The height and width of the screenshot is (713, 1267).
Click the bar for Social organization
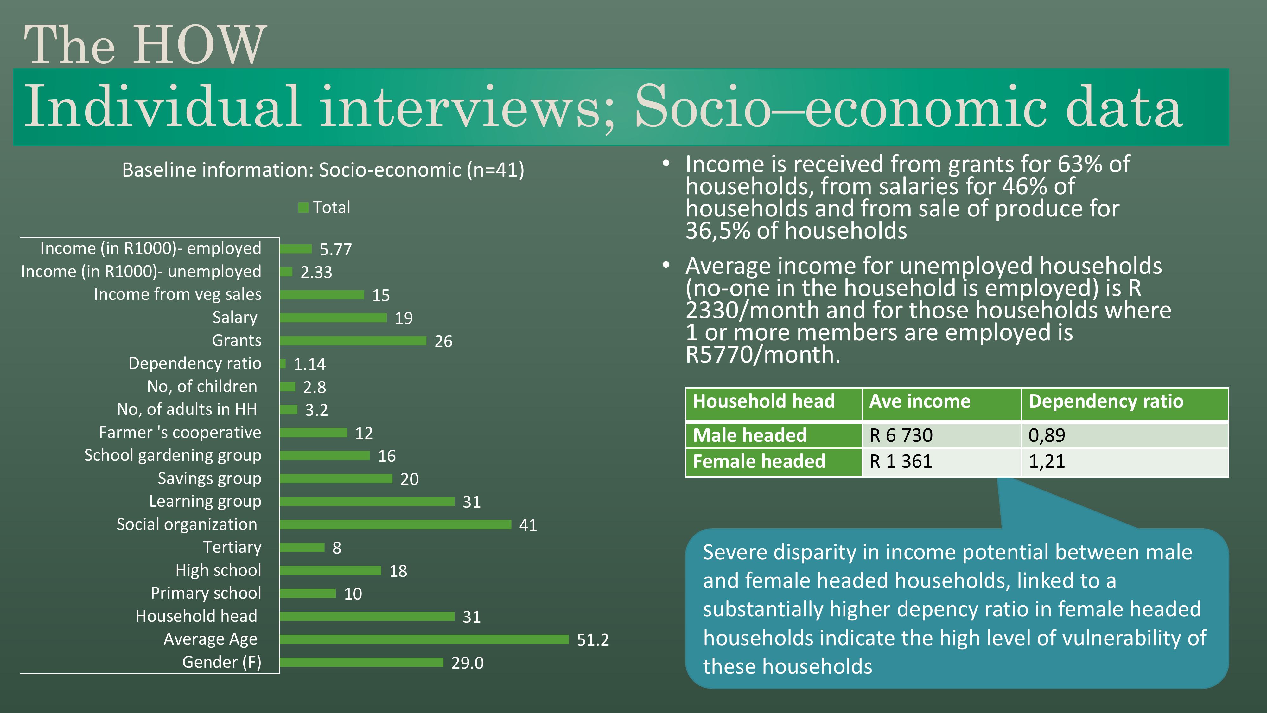click(395, 524)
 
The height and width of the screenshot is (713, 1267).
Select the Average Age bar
click(424, 639)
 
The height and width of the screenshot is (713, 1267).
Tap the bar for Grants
click(353, 341)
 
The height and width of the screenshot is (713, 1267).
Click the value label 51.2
click(593, 640)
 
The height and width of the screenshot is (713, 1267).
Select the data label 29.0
click(467, 663)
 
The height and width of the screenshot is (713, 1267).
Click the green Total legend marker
click(303, 208)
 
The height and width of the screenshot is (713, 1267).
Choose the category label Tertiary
click(232, 547)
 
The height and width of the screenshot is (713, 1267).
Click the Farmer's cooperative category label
click(180, 433)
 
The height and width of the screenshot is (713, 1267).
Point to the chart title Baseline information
click(323, 170)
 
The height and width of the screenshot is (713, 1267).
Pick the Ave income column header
click(920, 401)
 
